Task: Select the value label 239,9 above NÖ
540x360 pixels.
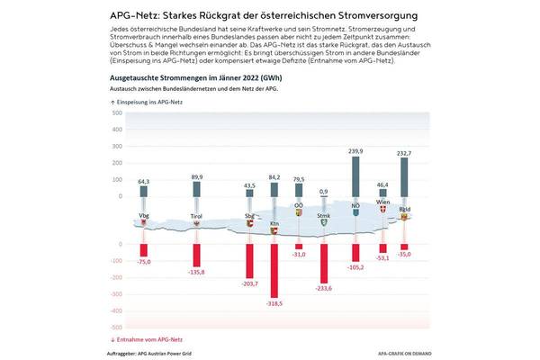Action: [x=356, y=151]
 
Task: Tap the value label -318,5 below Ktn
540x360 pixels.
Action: [x=274, y=304]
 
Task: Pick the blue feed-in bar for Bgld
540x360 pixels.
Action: [x=405, y=185]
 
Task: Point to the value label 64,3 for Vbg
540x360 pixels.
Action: [x=143, y=182]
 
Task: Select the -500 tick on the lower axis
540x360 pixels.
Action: [x=115, y=327]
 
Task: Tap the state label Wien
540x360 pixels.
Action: [x=382, y=203]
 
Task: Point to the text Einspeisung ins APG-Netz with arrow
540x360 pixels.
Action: [x=143, y=104]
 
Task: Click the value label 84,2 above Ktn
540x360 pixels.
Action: [x=274, y=177]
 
